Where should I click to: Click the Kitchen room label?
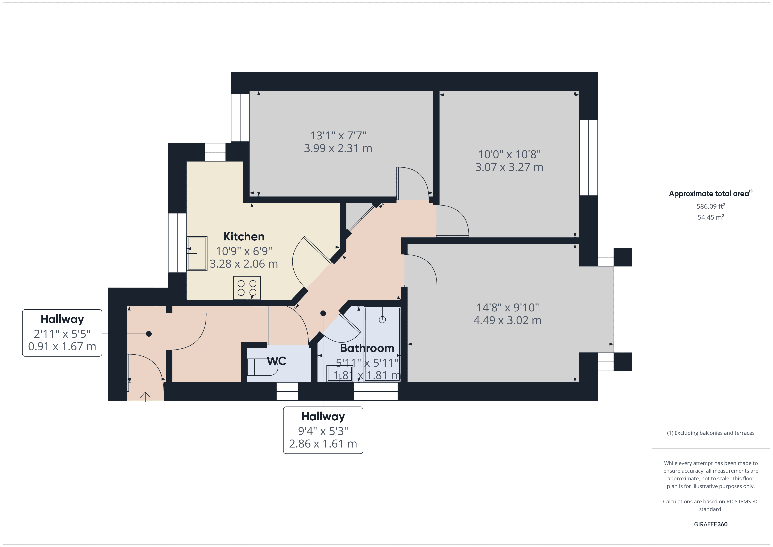tap(244, 236)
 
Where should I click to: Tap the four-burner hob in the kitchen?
tap(247, 288)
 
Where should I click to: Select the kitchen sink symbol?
tap(197, 253)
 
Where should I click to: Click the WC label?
tap(277, 361)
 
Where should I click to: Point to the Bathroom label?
tap(367, 348)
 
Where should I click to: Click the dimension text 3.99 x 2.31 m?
tap(338, 148)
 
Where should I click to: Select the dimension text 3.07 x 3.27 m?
tap(509, 167)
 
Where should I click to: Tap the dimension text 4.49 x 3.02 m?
tap(507, 320)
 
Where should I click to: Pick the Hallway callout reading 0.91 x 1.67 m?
tap(62, 333)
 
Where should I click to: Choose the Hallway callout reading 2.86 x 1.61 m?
tap(323, 430)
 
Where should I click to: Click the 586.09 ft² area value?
tap(710, 206)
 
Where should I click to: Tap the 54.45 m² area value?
tap(710, 217)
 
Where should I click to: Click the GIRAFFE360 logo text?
tap(710, 524)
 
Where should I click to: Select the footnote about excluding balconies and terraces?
tap(710, 433)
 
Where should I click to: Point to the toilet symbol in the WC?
tap(263, 367)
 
